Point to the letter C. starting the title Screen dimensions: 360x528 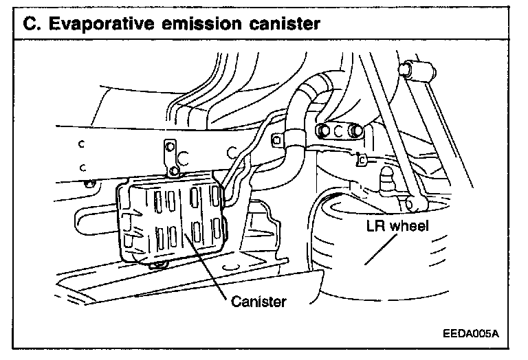32,25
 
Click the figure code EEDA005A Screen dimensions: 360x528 470,335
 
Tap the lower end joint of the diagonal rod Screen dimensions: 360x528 412,203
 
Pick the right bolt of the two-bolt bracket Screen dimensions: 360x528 356,130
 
